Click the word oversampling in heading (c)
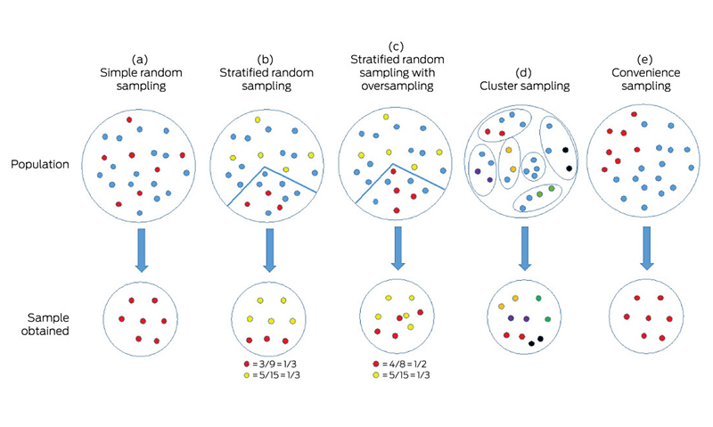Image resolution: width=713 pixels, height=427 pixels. (396, 86)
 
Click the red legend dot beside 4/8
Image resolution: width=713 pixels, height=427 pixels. (377, 365)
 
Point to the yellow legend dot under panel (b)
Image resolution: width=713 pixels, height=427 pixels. (247, 375)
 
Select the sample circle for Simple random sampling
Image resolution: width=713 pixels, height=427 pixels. (135, 318)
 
